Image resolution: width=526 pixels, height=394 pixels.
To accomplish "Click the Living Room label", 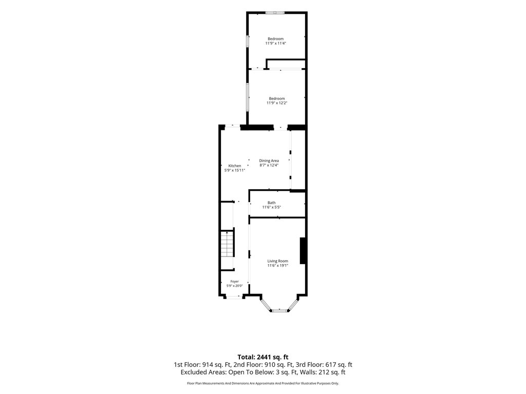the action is coord(277,261).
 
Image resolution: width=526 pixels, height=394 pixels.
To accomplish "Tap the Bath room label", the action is coord(271,203).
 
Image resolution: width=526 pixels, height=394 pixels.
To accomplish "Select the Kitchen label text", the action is coord(234,166).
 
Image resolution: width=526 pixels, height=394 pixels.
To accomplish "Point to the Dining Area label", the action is coord(269,161).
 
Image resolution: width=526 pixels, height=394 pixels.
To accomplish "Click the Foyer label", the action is coord(234,282).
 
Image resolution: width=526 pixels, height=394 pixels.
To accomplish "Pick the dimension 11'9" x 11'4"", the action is coord(276,43).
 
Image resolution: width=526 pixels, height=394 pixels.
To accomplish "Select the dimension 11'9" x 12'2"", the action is coord(277,103).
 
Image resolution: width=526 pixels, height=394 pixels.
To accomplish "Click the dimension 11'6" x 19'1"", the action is coord(277,266).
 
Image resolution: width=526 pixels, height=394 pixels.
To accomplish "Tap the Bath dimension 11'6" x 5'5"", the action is coord(271,207).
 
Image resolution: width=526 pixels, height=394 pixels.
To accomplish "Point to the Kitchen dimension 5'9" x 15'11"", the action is coord(234,170).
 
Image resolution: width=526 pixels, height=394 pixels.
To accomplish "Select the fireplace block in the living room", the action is coord(303,251).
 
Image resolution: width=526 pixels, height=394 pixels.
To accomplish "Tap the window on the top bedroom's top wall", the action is coord(275,13).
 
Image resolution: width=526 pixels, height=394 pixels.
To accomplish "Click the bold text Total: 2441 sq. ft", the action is coord(263,357).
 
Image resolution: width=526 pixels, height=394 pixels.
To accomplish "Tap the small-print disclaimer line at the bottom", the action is coord(263,383).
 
